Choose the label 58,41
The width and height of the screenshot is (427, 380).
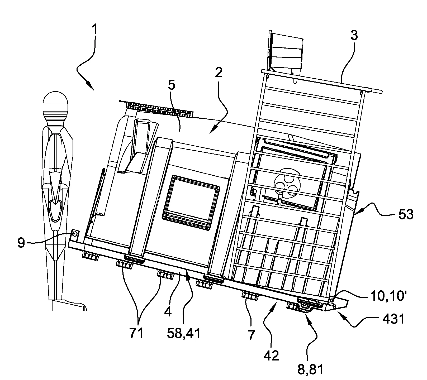pos(184,333)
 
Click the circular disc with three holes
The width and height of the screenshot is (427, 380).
pos(287,182)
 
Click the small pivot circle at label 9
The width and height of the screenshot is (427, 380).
pos(75,234)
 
